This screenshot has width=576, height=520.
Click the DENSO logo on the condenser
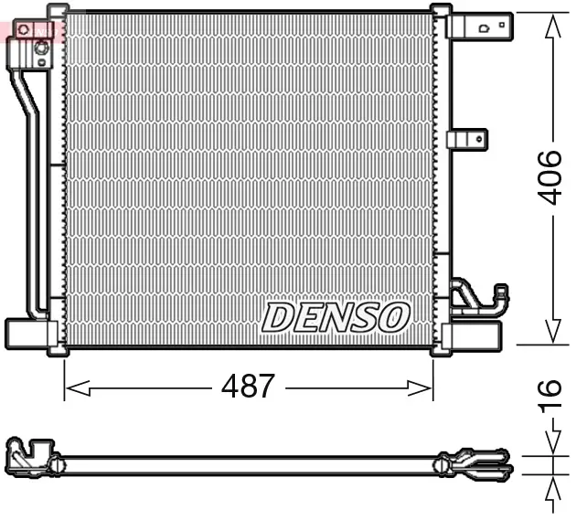[x=335, y=317]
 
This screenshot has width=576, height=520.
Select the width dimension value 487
[x=248, y=387]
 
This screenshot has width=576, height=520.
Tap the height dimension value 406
[x=549, y=177]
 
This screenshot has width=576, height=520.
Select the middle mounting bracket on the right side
[x=467, y=139]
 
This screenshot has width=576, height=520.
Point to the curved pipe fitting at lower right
[x=481, y=300]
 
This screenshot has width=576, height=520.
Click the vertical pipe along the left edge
[x=29, y=183]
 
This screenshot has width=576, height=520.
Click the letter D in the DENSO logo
[x=277, y=317]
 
